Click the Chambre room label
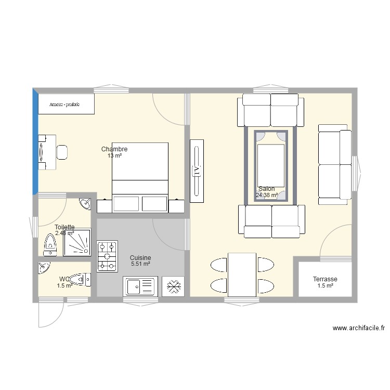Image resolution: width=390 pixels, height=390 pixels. [114, 149]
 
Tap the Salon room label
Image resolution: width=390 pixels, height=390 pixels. [267, 189]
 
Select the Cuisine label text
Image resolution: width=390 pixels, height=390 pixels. [140, 258]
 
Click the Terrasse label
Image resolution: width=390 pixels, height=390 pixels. [325, 279]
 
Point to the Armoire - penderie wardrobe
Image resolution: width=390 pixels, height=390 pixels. [66, 104]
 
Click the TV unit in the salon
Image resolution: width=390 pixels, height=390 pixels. [197, 171]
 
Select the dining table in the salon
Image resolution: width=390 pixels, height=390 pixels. [242, 274]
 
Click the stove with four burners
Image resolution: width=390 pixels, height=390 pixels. [107, 256]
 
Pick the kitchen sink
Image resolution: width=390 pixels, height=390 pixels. [140, 286]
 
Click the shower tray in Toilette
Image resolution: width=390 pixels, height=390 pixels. [77, 243]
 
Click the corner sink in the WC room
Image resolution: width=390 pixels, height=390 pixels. [43, 268]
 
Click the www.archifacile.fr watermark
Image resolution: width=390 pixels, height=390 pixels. [359, 328]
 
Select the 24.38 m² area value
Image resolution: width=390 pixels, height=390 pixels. [267, 196]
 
